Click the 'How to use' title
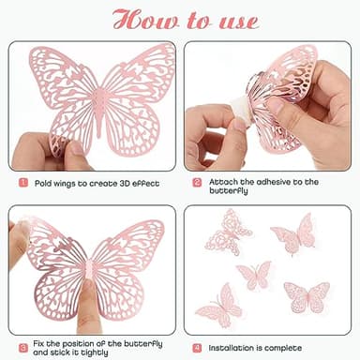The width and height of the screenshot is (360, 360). click(x=180, y=20)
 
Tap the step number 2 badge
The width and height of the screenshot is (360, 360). click(x=197, y=183)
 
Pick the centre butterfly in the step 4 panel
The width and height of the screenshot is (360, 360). click(x=253, y=274)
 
